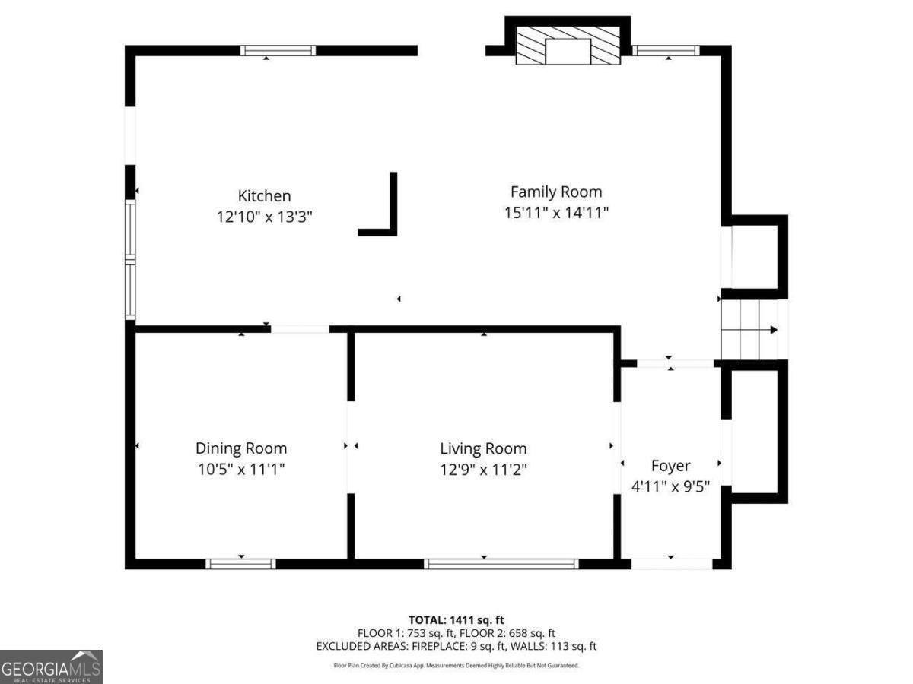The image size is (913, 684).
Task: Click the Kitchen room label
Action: [x=264, y=195]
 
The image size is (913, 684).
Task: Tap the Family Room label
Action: [x=556, y=192]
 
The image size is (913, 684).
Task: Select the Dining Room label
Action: [x=241, y=448]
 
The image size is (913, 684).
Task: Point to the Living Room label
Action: [x=483, y=448]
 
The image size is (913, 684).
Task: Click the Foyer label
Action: [x=670, y=466]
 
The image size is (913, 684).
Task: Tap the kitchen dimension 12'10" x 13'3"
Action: [x=264, y=217]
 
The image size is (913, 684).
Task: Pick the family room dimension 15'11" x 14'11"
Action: [x=556, y=213]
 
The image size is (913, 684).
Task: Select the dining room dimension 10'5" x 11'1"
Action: [x=241, y=469]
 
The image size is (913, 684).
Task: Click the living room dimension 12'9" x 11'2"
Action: [x=483, y=470]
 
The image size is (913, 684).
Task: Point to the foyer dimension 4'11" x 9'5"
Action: [x=670, y=486]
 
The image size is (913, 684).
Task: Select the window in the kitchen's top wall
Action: [x=278, y=51]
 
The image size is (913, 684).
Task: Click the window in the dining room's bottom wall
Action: [x=241, y=564]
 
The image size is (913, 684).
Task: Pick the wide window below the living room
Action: [x=501, y=564]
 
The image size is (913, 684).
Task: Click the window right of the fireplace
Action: [x=666, y=51]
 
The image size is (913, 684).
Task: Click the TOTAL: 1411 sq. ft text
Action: [x=456, y=620]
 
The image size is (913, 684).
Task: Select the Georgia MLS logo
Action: [x=51, y=667]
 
